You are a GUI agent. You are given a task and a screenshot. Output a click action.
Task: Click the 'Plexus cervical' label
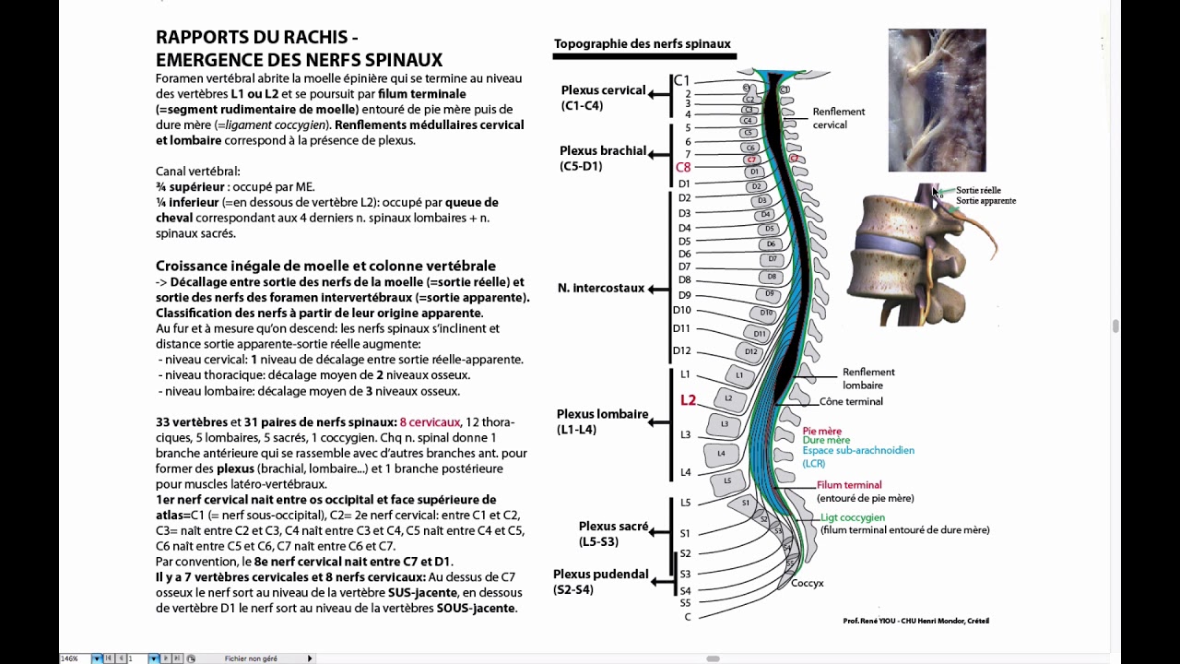603,90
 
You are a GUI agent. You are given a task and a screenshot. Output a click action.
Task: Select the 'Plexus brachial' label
602,150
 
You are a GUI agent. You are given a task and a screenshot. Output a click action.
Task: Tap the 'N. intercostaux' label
600,288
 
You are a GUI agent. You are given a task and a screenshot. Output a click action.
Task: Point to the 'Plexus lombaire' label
602,414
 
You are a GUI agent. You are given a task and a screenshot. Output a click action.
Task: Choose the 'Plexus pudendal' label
600,574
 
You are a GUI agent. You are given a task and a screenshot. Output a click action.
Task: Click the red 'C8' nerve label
683,168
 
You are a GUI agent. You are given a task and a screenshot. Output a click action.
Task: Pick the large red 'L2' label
688,400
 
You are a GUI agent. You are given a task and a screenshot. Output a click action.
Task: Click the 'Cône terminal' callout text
851,401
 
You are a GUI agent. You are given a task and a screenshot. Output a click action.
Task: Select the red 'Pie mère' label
821,431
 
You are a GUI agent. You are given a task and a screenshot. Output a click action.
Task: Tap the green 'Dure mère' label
826,441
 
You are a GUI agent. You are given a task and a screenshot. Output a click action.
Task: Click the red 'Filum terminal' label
849,485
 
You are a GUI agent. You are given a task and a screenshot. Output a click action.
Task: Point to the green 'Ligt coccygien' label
853,518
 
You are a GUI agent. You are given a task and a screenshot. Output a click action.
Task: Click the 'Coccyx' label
807,583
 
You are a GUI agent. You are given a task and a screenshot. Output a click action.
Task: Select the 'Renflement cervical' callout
838,118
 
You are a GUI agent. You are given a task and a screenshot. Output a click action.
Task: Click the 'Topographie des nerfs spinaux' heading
642,43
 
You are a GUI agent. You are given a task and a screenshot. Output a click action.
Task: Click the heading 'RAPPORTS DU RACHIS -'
257,38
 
